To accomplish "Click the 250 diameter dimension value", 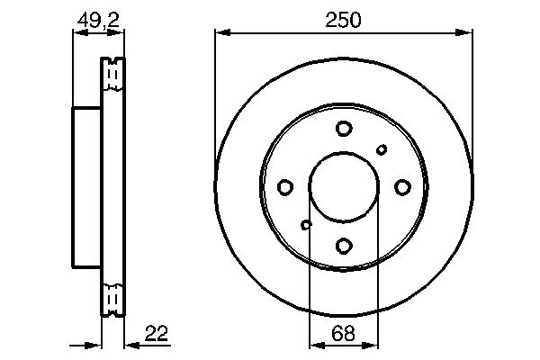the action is point(343,20).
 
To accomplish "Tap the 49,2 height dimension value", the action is point(98,20).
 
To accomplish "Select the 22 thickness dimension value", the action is point(157,333).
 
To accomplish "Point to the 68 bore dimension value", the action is point(343,333).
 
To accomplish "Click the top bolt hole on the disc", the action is point(344,129).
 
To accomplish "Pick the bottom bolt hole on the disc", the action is point(344,246).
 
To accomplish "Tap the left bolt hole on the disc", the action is point(285,187).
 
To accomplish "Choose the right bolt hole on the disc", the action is point(402,187).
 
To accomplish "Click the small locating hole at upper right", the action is point(382,149).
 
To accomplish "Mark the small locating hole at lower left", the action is point(306,225).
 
